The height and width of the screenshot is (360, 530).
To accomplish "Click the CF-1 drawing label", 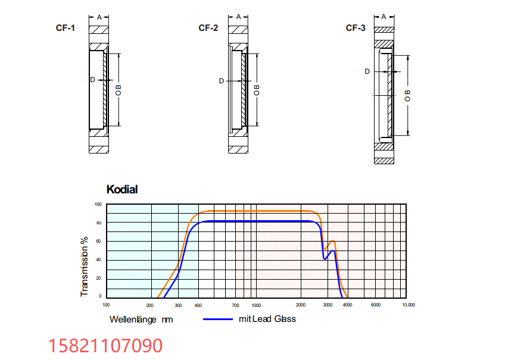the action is (x=66, y=28).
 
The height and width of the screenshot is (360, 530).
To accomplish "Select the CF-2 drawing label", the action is (x=208, y=28).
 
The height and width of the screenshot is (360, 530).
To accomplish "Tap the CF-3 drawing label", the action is (x=356, y=28).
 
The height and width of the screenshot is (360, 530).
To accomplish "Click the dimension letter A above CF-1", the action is (x=99, y=17).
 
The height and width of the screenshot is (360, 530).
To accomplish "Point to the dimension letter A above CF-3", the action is (x=384, y=17).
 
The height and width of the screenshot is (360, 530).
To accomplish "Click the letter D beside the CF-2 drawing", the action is (x=222, y=81).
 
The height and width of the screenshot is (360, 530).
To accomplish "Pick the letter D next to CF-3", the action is (x=367, y=71).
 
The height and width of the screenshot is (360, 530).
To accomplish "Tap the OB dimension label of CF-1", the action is (x=118, y=90).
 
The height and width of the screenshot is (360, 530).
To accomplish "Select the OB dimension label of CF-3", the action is (x=407, y=96).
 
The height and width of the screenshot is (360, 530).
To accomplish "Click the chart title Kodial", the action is (x=122, y=189).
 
